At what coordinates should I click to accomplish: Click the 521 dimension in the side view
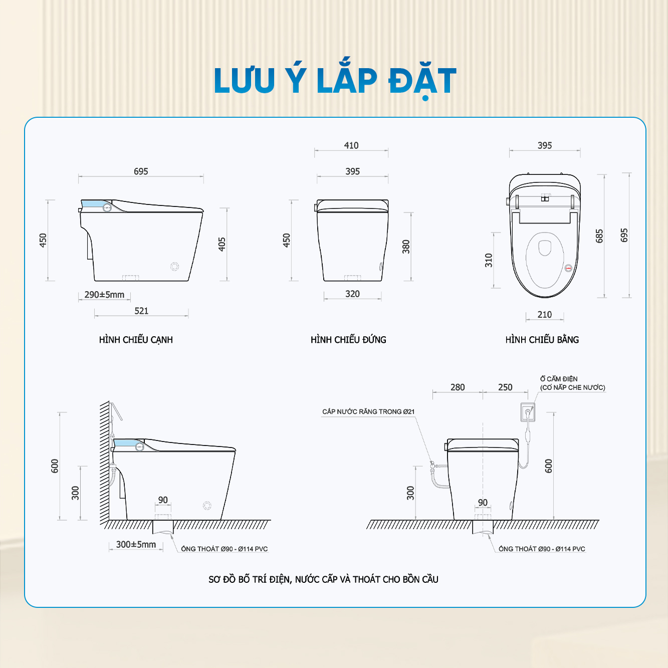[x=141, y=311]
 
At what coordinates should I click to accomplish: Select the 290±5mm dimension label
[x=104, y=295]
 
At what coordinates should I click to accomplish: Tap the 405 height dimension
[x=222, y=244]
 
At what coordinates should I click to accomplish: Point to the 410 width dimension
[x=351, y=145]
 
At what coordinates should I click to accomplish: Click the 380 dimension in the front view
[x=406, y=247]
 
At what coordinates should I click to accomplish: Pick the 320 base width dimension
[x=352, y=294]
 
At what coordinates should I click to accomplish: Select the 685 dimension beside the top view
[x=599, y=236]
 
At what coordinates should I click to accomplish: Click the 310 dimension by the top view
[x=489, y=260]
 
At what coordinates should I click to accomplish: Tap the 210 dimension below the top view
[x=544, y=314]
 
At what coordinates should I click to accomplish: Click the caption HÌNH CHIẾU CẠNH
[x=136, y=340]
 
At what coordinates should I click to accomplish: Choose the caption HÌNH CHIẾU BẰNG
[x=542, y=339]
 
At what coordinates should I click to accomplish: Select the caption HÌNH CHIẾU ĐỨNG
[x=348, y=339]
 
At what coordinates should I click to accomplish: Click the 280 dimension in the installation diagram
[x=458, y=387]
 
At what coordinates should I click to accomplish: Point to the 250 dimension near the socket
[x=505, y=387]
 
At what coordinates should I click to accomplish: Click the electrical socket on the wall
[x=528, y=412]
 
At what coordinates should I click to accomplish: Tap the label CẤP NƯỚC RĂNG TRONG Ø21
[x=368, y=411]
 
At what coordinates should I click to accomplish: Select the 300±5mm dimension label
[x=136, y=544]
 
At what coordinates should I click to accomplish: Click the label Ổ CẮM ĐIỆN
[x=558, y=379]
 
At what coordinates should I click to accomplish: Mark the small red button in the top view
[x=568, y=268]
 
